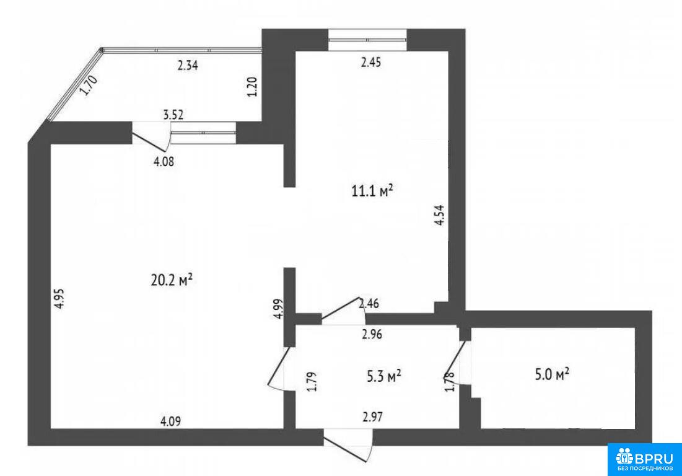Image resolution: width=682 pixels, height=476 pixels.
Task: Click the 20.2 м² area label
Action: (172, 281)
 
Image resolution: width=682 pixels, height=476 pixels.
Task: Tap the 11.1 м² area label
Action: (372, 190)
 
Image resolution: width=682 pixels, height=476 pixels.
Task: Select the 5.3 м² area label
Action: (384, 376)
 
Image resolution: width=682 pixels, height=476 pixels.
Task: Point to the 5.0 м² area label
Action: (553, 374)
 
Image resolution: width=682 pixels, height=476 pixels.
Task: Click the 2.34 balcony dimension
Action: (188, 66)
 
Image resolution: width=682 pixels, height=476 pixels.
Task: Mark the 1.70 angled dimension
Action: (89, 86)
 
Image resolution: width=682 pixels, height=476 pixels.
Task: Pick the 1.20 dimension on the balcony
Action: (252, 87)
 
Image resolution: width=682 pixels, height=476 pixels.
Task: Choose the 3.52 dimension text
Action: (173, 115)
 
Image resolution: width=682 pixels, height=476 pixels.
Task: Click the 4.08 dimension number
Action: (164, 161)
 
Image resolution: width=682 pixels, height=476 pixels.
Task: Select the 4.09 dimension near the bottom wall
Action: (170, 421)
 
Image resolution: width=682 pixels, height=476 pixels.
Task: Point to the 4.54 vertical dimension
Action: (440, 215)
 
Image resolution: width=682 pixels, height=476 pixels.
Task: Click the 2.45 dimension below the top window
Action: (370, 62)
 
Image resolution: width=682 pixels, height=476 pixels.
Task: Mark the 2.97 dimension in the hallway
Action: (372, 417)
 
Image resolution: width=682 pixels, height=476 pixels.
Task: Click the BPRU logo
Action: (645, 460)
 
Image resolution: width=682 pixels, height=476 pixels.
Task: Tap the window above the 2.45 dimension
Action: (367, 40)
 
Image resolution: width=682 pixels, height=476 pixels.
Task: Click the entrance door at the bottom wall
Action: (348, 444)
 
